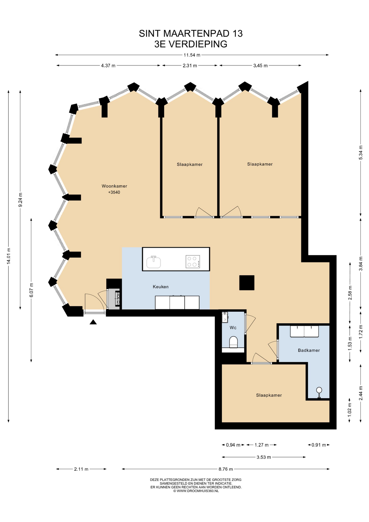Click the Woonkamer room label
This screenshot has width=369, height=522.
pyautogui.click(x=114, y=186)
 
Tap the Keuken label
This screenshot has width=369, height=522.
pyautogui.click(x=161, y=287)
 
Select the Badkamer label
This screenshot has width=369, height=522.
pyautogui.click(x=309, y=350)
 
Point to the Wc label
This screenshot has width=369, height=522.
pyautogui.click(x=233, y=328)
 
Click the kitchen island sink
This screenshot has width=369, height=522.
pyautogui.click(x=154, y=262)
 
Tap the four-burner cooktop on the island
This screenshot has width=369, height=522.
pyautogui.click(x=193, y=262)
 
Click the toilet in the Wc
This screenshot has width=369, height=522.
pyautogui.click(x=234, y=342)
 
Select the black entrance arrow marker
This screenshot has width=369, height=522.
pyautogui.click(x=93, y=322)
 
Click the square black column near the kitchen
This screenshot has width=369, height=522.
pyautogui.click(x=247, y=283)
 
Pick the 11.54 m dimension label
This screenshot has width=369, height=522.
pyautogui.click(x=192, y=55)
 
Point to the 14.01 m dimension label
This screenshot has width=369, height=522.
pyautogui.click(x=9, y=256)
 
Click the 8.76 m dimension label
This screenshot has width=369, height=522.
pyautogui.click(x=226, y=469)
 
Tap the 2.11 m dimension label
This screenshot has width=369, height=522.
pyautogui.click(x=81, y=469)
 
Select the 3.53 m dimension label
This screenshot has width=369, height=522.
pyautogui.click(x=264, y=457)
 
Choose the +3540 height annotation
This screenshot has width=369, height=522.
pyautogui.click(x=114, y=192)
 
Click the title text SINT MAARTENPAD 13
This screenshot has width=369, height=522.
pyautogui.click(x=191, y=33)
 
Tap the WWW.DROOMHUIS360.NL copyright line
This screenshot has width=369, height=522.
pyautogui.click(x=196, y=491)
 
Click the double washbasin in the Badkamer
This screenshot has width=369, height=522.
pyautogui.click(x=304, y=331)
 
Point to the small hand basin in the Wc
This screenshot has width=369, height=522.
pyautogui.click(x=225, y=317)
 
